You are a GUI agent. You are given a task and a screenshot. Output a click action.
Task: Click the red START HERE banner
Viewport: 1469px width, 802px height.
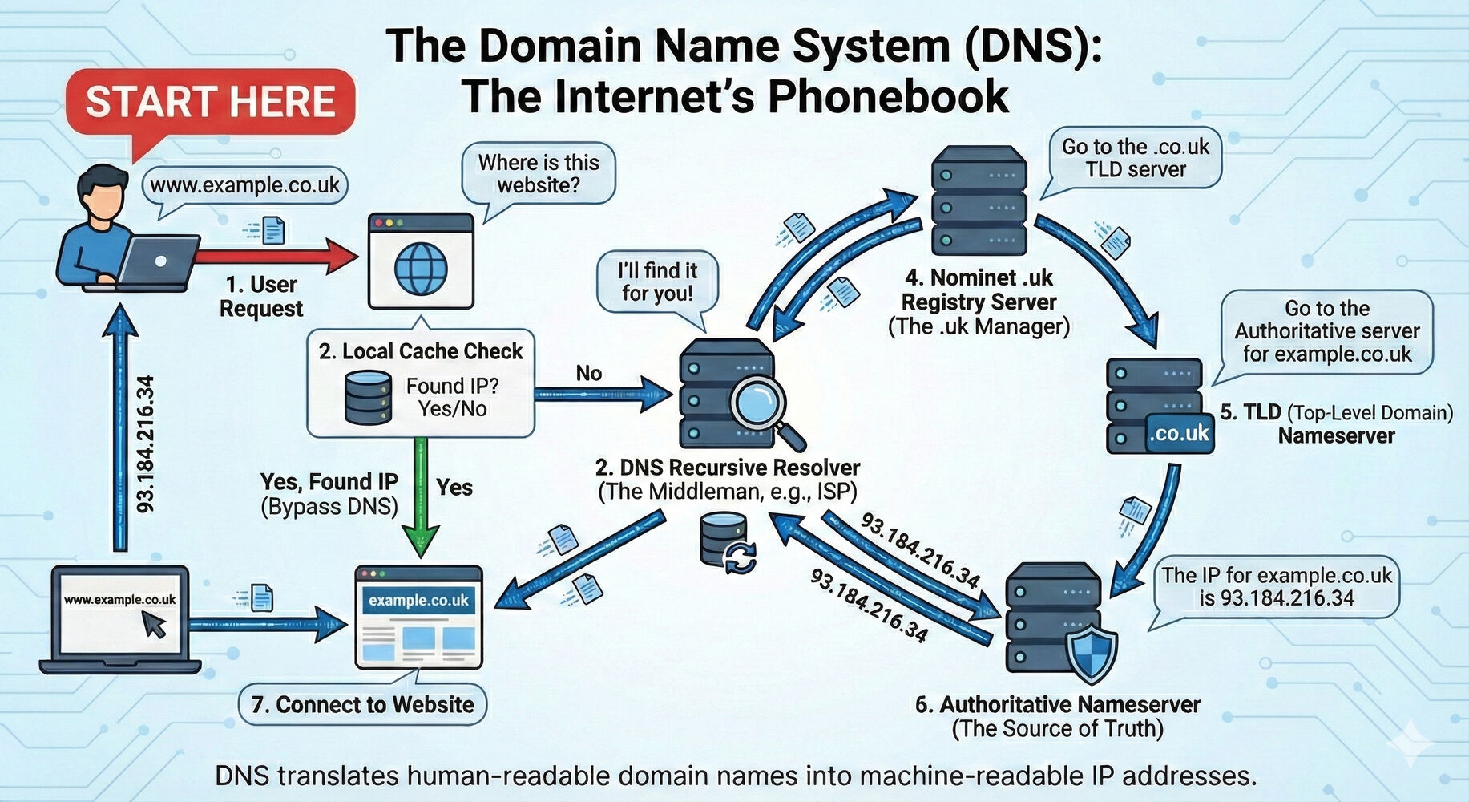(210, 102)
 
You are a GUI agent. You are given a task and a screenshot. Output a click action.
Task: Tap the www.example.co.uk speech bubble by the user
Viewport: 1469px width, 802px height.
(244, 185)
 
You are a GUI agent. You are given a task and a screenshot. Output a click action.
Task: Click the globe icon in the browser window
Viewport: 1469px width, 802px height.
(421, 269)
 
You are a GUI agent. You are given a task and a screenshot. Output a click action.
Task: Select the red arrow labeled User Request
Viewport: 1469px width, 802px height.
(276, 257)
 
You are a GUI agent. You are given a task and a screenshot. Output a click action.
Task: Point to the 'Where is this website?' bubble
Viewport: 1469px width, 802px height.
(539, 174)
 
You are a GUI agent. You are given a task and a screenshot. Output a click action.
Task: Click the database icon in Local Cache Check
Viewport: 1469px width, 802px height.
(368, 397)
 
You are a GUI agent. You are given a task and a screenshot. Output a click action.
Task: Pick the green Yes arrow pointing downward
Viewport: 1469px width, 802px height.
(420, 497)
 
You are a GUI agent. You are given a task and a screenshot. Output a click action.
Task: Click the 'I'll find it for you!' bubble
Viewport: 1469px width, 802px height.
(657, 282)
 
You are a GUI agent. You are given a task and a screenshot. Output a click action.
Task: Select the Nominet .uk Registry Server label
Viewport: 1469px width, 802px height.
(979, 290)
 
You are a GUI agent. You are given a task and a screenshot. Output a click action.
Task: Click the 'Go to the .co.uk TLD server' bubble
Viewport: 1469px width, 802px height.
(1135, 158)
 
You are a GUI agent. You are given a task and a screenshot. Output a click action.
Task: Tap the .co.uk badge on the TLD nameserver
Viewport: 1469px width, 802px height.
(1178, 434)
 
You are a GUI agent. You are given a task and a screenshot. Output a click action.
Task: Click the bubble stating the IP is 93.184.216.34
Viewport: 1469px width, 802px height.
(1277, 587)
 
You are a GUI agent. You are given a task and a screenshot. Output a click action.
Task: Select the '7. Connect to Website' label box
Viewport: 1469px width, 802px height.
(362, 704)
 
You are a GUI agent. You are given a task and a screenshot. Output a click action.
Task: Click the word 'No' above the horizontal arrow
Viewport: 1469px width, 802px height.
(588, 373)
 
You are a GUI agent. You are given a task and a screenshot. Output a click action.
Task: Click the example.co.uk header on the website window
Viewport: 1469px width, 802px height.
(418, 600)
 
